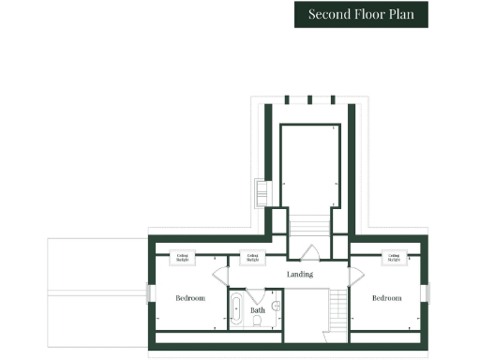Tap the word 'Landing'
[x=300, y=274]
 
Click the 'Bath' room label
[x=257, y=308]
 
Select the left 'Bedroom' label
[x=190, y=298]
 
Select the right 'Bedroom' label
[x=386, y=298]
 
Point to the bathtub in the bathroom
[x=236, y=308]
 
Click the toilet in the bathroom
[x=257, y=322]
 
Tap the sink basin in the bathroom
[x=276, y=306]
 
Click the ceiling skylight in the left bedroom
[x=182, y=257]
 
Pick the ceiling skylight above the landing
[x=251, y=257]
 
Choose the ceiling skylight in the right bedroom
[x=394, y=257]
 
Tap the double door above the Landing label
[x=307, y=251]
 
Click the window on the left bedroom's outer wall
[x=148, y=292]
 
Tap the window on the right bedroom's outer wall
[x=425, y=292]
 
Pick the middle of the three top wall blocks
[x=307, y=99]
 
